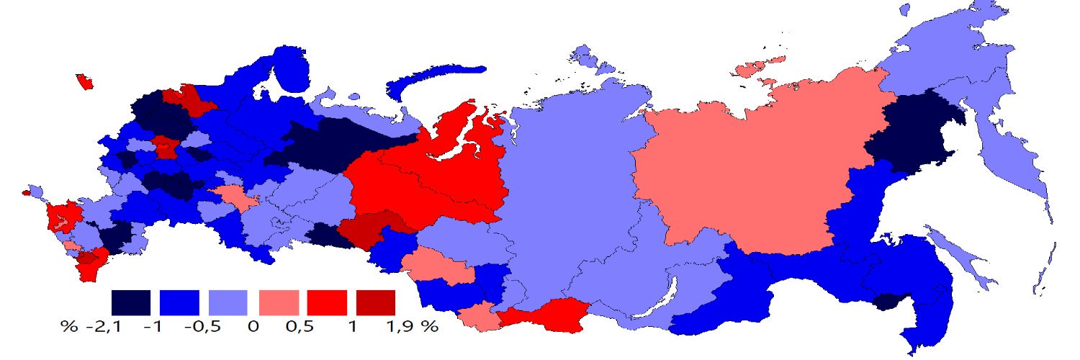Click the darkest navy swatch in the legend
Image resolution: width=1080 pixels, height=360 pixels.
click(x=131, y=302)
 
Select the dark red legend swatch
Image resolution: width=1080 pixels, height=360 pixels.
click(x=375, y=302)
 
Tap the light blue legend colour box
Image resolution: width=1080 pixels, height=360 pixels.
click(x=228, y=302)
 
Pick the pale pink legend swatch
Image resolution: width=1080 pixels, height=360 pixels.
click(x=277, y=302)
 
